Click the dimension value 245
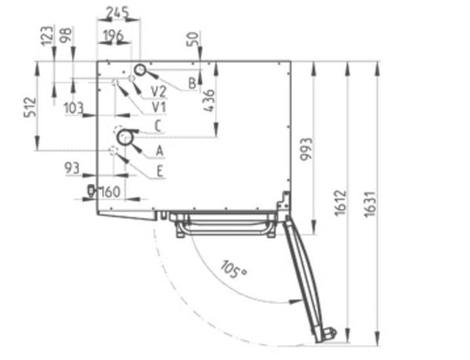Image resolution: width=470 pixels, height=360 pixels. click(117, 13)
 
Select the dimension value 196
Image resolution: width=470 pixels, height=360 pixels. click(114, 36)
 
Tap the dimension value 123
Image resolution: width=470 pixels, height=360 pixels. click(47, 36)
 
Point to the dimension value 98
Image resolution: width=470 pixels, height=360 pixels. click(67, 34)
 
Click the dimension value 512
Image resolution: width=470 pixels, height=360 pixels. click(31, 107)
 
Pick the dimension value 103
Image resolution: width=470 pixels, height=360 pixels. click(74, 108)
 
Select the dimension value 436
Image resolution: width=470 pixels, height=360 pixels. click(209, 101)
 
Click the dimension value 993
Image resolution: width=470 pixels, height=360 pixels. click(306, 149)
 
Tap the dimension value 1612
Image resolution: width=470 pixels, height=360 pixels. click(341, 203)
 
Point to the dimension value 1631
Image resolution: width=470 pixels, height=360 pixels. click(370, 204)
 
